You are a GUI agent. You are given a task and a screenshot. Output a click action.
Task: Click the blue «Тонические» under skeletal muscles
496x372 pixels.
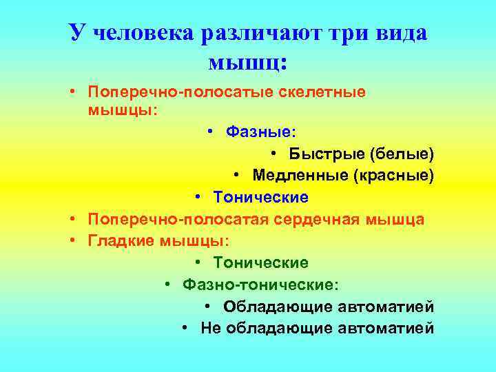point(260,197)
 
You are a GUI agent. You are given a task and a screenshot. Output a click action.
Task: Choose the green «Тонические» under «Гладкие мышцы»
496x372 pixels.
point(260,263)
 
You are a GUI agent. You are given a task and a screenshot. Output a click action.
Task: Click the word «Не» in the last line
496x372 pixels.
point(209,328)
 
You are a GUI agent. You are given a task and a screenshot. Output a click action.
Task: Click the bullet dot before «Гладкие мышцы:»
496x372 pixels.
point(71,241)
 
